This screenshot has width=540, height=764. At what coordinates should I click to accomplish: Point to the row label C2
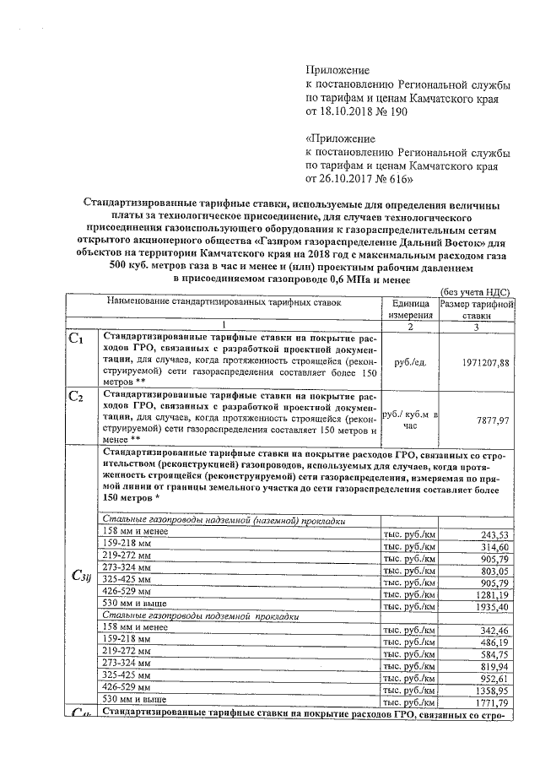[76, 396]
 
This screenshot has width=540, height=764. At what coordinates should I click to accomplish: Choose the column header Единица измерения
[409, 308]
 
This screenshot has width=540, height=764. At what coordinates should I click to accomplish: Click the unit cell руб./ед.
[409, 362]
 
